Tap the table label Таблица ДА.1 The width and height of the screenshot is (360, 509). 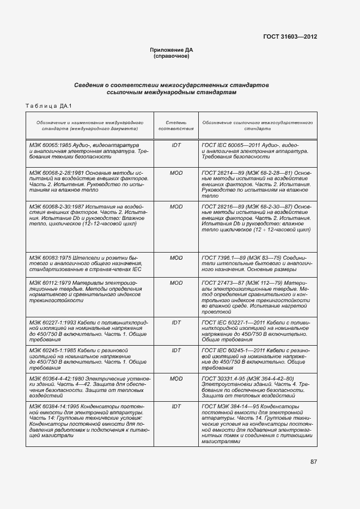(49, 105)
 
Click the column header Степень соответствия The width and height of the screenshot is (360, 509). (176, 126)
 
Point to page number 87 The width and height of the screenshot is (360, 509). (314, 462)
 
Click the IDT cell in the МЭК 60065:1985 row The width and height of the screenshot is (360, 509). (176, 145)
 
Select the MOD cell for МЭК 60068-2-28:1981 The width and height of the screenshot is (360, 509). (176, 172)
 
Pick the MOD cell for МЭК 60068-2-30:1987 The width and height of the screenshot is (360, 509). (176, 207)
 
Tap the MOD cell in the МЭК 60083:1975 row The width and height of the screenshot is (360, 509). (176, 257)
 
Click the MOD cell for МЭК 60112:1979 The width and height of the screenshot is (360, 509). (176, 283)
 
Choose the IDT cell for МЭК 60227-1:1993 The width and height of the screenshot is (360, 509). (176, 323)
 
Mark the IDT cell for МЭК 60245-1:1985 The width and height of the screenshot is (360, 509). (176, 350)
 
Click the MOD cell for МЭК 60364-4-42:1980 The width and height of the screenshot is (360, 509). (176, 378)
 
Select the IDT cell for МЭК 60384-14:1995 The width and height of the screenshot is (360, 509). (176, 406)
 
